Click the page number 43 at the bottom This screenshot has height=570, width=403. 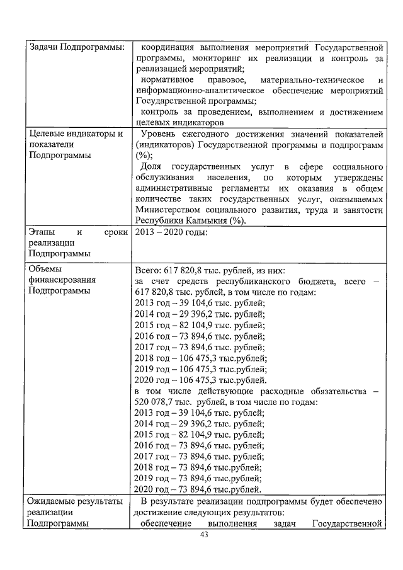tap(203, 535)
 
